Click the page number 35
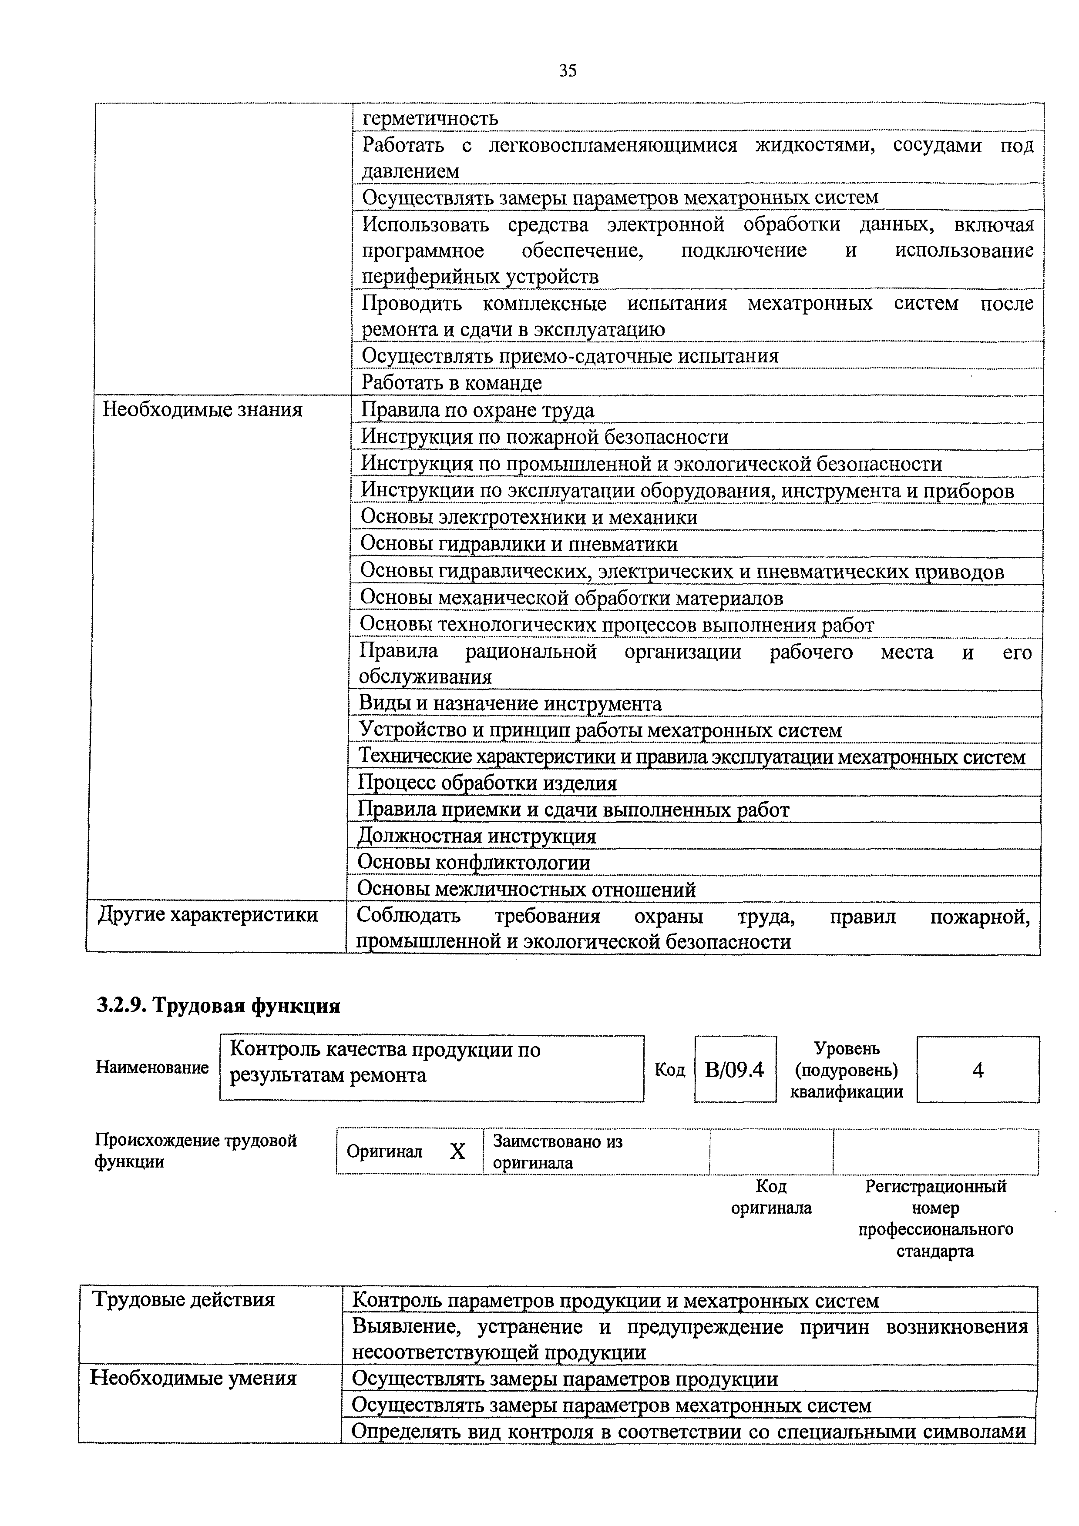567,70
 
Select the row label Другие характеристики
208,915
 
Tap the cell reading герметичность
430,119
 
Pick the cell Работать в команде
451,383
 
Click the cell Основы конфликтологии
474,863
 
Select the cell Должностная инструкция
477,836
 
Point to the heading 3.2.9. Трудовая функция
219,1006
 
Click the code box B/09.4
735,1069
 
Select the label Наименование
152,1068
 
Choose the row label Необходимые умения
193,1379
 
